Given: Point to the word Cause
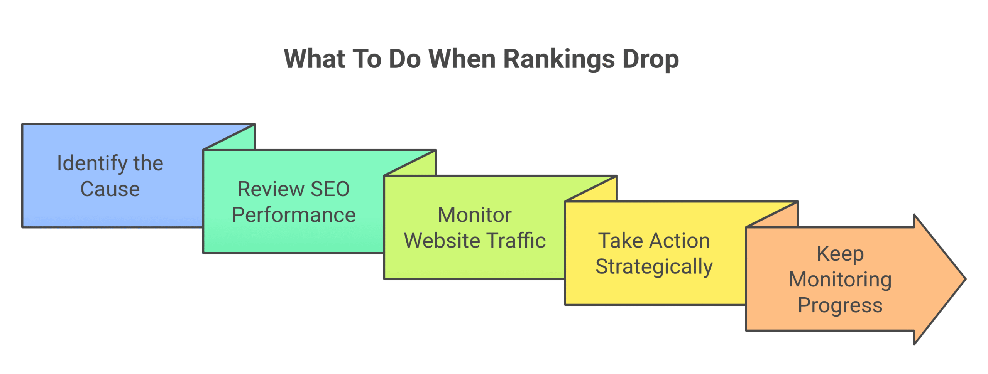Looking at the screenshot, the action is coord(110,189).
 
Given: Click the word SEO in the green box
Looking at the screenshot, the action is coord(330,189).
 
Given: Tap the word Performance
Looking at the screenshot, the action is coord(294,215).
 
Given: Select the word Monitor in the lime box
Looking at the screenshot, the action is coord(475,215).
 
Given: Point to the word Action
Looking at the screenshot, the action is coord(680,241).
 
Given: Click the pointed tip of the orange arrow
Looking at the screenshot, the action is coord(966,279).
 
